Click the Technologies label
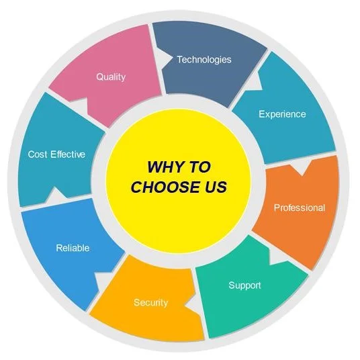click(x=204, y=60)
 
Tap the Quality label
click(x=111, y=77)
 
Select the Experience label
click(x=282, y=114)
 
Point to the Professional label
click(x=300, y=208)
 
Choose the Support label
click(x=244, y=285)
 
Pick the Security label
click(x=150, y=303)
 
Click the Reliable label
click(x=73, y=248)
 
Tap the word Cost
click(x=38, y=154)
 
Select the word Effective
click(x=68, y=154)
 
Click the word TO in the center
click(x=199, y=167)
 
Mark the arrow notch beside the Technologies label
click(x=165, y=58)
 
